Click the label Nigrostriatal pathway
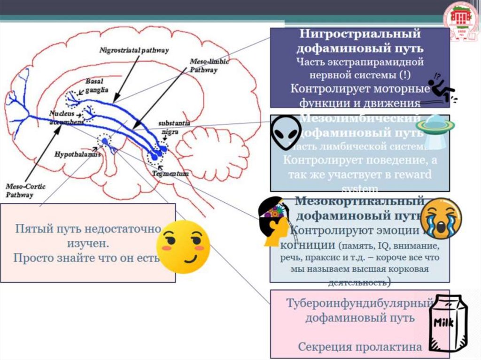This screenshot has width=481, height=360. [134, 49]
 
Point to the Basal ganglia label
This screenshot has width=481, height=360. [97, 85]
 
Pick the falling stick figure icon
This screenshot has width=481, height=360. [442, 88]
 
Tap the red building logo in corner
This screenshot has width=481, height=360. [461, 18]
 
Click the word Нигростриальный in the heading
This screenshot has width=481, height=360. [360, 34]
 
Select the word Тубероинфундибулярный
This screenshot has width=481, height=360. [359, 303]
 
